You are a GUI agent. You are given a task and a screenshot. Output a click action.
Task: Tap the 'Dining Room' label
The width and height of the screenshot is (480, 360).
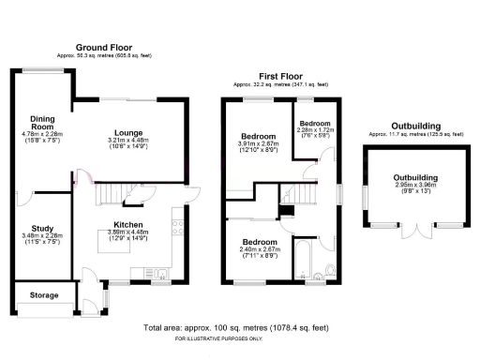tap(42, 124)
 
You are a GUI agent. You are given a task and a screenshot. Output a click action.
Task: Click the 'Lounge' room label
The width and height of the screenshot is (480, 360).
tap(128, 133)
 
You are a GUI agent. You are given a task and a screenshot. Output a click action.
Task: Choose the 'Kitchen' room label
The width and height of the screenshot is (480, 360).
tap(128, 225)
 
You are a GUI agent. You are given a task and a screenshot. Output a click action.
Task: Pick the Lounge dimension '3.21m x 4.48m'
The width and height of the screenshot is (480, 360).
tap(128, 141)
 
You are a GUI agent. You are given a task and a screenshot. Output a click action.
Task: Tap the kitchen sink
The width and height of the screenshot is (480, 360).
tap(160, 275)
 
